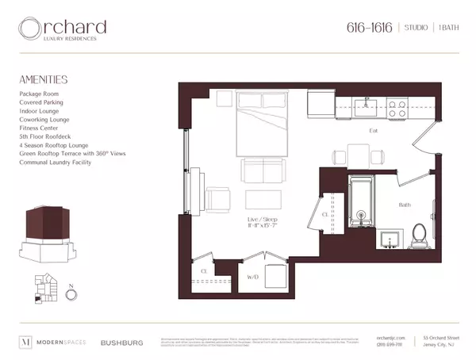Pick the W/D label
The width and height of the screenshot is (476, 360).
[x=254, y=277]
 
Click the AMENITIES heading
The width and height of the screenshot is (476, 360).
[x=44, y=79]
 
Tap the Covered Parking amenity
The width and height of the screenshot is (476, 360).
[x=41, y=102]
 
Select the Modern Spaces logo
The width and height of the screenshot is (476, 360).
[x=52, y=343]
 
